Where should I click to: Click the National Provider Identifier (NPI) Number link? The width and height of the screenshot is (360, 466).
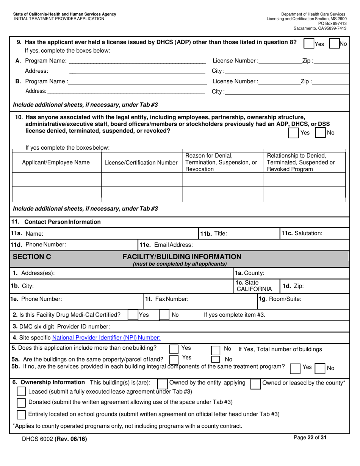106,338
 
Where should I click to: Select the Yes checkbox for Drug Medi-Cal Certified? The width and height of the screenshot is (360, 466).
133,315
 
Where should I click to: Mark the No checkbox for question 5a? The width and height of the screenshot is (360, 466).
215,359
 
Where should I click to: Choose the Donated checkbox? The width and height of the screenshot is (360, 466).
22,402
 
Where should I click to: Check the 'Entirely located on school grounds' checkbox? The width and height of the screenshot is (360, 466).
22,414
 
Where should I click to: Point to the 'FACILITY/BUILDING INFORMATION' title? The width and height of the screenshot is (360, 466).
182,257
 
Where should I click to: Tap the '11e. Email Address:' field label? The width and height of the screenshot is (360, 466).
166,245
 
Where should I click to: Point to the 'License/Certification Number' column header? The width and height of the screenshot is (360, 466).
141,163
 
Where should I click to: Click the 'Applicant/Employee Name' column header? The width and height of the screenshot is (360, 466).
56,163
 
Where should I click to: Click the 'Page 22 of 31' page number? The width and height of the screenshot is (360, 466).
310,438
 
